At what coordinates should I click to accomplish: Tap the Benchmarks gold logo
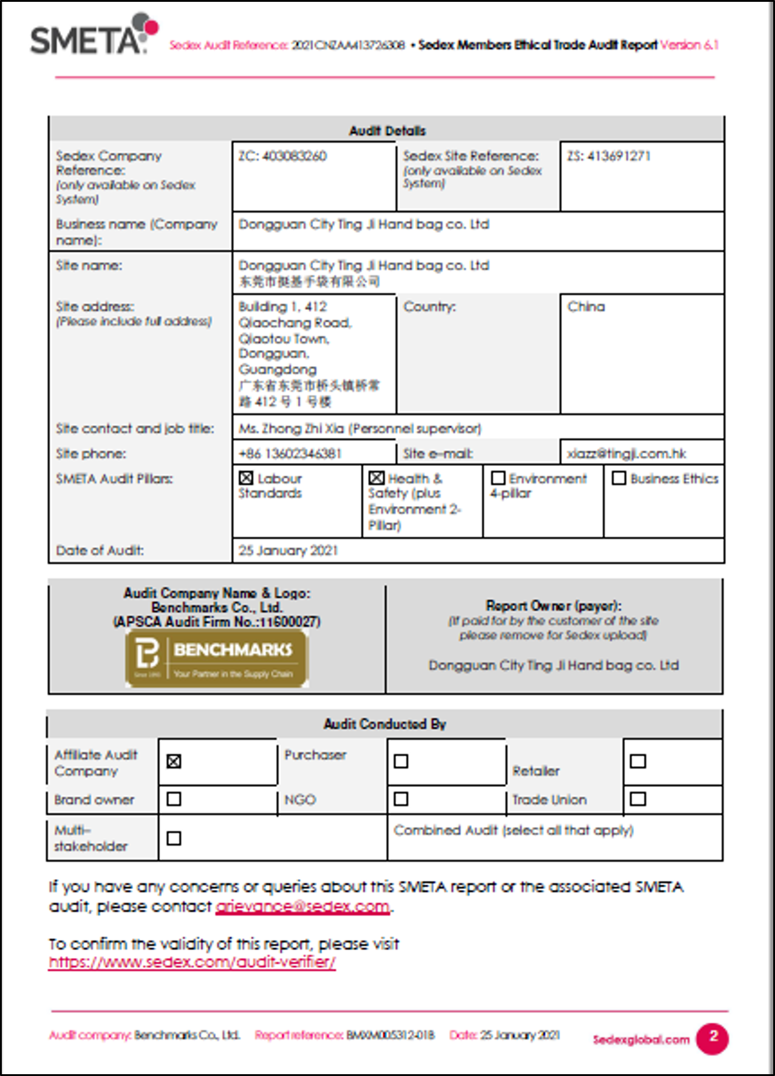click(217, 659)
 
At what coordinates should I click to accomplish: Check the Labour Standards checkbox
click(246, 478)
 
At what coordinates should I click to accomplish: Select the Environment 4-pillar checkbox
click(498, 478)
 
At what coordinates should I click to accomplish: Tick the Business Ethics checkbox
click(619, 478)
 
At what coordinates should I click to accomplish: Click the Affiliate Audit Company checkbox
click(174, 761)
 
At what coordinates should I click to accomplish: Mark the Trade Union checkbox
click(638, 798)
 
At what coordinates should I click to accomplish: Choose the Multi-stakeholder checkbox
click(174, 838)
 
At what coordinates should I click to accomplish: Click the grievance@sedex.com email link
click(302, 906)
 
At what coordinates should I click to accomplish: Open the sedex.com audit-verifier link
click(192, 962)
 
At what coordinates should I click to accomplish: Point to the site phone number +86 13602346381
click(290, 453)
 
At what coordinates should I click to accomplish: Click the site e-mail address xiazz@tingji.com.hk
click(626, 453)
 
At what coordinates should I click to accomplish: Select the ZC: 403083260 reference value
click(282, 156)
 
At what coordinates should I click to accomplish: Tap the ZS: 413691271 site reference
click(609, 156)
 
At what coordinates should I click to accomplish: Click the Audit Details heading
click(387, 131)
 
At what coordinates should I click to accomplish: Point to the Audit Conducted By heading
click(384, 724)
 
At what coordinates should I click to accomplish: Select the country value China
click(586, 307)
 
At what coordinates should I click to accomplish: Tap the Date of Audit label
click(100, 550)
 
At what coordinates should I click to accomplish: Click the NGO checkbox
click(401, 798)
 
